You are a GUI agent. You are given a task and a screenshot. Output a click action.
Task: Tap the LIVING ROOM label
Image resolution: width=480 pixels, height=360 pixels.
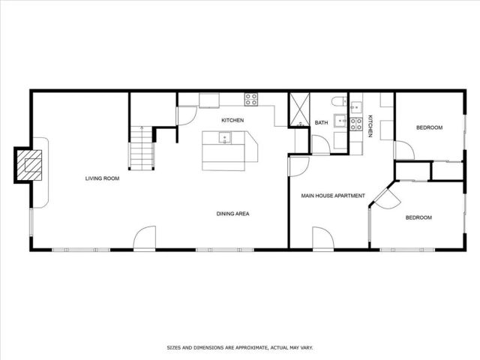[x=103, y=178]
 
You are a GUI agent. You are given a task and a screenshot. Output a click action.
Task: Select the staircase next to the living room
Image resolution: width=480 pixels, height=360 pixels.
[x=140, y=148]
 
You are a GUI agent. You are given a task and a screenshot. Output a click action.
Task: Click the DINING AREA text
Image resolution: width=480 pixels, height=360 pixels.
[x=232, y=214]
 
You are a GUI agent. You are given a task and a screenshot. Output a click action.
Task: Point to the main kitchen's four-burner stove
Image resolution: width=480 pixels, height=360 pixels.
[x=250, y=97]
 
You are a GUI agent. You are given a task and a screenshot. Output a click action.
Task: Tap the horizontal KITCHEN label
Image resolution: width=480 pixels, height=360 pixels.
[x=232, y=120]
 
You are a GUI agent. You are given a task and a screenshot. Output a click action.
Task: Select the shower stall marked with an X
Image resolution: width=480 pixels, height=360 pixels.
[x=300, y=109]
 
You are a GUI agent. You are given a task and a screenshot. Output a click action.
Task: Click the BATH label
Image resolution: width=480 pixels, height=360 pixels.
[x=321, y=123]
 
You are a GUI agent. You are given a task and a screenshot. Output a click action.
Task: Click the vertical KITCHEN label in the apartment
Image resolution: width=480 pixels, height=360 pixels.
[x=370, y=126]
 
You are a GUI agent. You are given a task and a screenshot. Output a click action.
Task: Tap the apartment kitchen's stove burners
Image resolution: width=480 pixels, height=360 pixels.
[x=355, y=122]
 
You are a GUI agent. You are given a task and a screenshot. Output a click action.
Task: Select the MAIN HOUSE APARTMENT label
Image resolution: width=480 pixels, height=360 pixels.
[x=333, y=196]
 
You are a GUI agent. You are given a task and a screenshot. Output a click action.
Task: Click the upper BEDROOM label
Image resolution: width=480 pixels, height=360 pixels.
[x=430, y=127]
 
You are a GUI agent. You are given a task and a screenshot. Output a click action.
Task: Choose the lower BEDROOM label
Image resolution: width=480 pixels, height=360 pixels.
[x=418, y=217]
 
